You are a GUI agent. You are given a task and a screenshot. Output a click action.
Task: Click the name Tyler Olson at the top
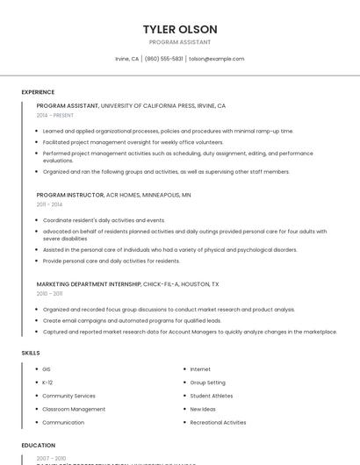pyautogui.click(x=180, y=29)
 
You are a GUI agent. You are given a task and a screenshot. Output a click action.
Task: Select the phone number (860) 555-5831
pyautogui.click(x=164, y=59)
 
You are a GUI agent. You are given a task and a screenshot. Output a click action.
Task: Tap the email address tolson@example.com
pyautogui.click(x=217, y=59)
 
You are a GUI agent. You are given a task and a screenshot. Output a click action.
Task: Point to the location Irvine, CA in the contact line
pyautogui.click(x=127, y=59)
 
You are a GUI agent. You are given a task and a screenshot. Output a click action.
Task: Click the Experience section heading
pyautogui.click(x=38, y=92)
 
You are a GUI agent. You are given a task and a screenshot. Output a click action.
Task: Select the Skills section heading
pyautogui.click(x=30, y=353)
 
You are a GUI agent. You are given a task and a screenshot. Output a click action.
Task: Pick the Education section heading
pyautogui.click(x=38, y=446)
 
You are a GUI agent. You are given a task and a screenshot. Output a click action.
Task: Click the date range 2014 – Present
pyautogui.click(x=55, y=115)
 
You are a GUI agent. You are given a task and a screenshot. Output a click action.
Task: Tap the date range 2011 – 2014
pyautogui.click(x=49, y=204)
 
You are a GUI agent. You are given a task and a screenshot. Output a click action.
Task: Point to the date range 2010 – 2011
pyautogui.click(x=49, y=293)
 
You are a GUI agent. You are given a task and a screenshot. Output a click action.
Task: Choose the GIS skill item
pyautogui.click(x=47, y=369)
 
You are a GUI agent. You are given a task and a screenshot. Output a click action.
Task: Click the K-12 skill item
pyautogui.click(x=47, y=383)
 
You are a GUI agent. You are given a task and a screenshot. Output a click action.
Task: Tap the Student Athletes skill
pyautogui.click(x=211, y=396)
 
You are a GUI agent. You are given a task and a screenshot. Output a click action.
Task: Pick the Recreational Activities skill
pyautogui.click(x=218, y=422)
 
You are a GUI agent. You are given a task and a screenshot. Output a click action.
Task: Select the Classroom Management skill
pyautogui.click(x=74, y=409)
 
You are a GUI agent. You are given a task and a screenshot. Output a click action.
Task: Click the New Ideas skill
pyautogui.click(x=203, y=409)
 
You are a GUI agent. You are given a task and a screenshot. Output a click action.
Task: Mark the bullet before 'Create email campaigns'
pyautogui.click(x=39, y=321)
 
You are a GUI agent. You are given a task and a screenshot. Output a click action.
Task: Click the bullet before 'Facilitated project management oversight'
pyautogui.click(x=39, y=142)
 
